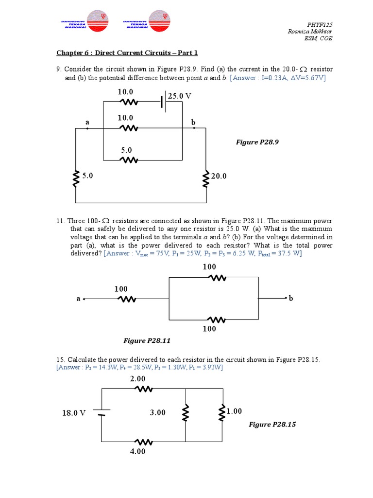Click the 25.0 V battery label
point(180,96)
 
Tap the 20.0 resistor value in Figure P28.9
point(219,176)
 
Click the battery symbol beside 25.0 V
point(164,102)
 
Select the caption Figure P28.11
point(148,340)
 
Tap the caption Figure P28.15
point(272,424)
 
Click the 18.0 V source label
point(74,413)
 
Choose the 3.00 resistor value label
point(157,412)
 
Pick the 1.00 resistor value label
point(234,411)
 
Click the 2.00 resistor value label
point(137,378)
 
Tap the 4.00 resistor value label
point(137,451)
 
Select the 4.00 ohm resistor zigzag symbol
point(143,442)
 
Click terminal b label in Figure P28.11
point(291,299)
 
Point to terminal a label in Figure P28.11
point(78,299)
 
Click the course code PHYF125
point(320,25)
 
